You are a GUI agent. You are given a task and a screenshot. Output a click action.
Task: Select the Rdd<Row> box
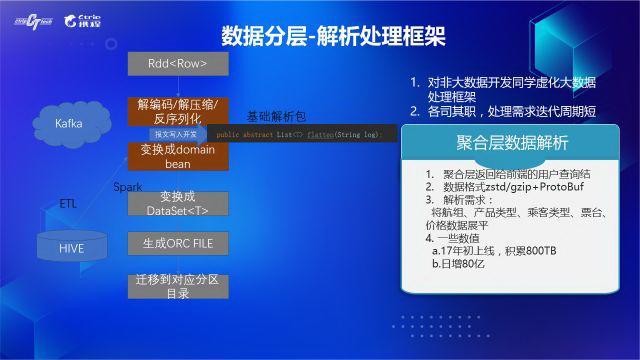(x=178, y=64)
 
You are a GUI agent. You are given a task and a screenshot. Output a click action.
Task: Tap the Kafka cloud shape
(x=68, y=123)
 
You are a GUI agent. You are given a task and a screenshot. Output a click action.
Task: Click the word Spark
(x=127, y=187)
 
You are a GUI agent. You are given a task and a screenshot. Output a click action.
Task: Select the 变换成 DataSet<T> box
(x=178, y=203)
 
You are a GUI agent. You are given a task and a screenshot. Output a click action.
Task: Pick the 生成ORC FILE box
(x=178, y=243)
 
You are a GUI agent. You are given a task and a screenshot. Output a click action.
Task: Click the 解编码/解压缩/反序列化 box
(x=178, y=110)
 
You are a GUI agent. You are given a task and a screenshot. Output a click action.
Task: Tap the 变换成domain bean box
(x=178, y=155)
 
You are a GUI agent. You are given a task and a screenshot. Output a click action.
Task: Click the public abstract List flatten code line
(x=300, y=134)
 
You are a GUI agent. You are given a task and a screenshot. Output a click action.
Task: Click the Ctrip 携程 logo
(x=83, y=18)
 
